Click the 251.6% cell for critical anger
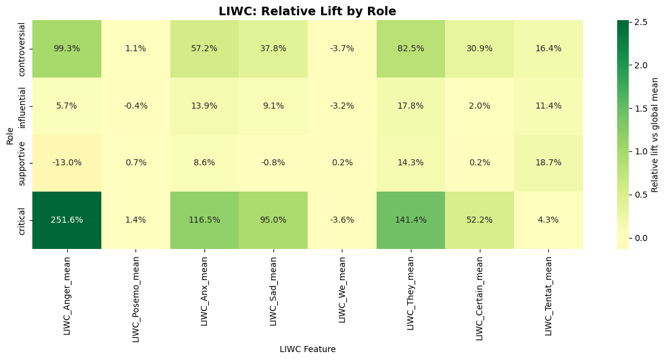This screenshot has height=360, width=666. (x=67, y=220)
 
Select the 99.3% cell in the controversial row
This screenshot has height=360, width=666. (x=67, y=48)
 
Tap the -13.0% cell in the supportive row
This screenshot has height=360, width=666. (x=67, y=162)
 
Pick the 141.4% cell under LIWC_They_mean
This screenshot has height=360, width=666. (x=411, y=220)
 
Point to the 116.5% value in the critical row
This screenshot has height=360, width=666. (x=205, y=220)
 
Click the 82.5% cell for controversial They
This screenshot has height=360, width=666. (x=411, y=48)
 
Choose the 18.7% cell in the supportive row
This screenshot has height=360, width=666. (x=548, y=162)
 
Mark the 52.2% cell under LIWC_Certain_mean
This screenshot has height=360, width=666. (x=479, y=220)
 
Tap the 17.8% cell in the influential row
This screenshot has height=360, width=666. (x=411, y=106)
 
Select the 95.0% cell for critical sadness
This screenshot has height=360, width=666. (x=273, y=220)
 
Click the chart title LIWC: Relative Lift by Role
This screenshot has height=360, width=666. (x=307, y=11)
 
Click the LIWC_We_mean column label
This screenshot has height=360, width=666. (x=342, y=287)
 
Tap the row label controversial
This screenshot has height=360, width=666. (x=22, y=49)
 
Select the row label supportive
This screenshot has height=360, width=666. (x=22, y=163)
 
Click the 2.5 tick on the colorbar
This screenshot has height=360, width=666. (x=642, y=21)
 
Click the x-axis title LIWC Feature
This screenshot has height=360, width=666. (x=307, y=349)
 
